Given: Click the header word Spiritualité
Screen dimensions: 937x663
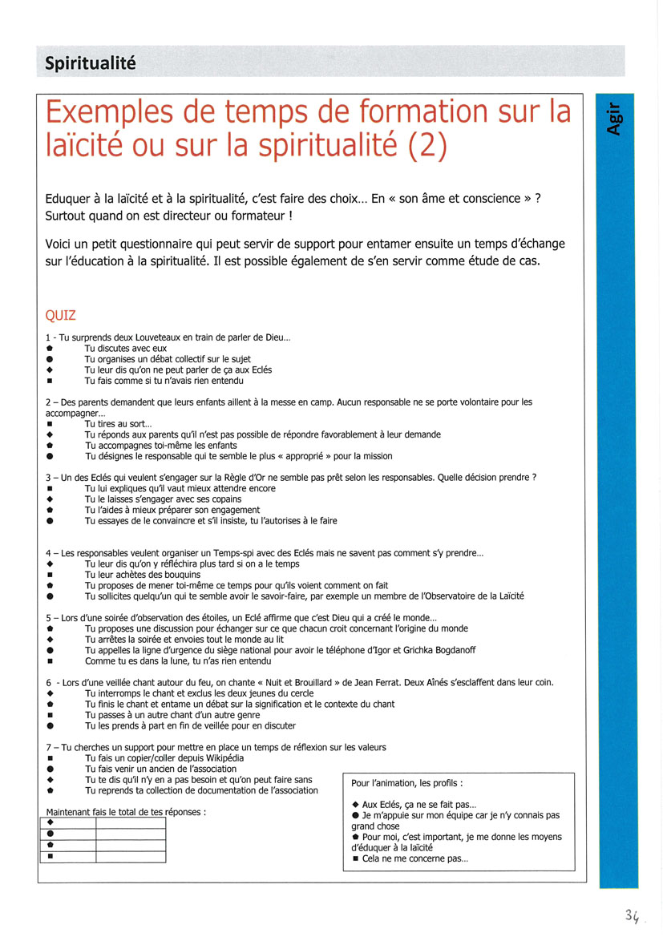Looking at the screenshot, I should pos(91,63).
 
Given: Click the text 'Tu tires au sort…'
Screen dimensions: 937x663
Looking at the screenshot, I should pos(118,424).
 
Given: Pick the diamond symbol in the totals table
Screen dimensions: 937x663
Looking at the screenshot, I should pos(50,822).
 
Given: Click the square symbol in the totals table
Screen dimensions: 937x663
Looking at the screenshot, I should pos(50,856).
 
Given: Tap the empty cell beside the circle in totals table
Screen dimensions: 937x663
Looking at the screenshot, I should pos(130,834).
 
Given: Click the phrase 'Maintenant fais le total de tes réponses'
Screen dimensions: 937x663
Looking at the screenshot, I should pos(125,811).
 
